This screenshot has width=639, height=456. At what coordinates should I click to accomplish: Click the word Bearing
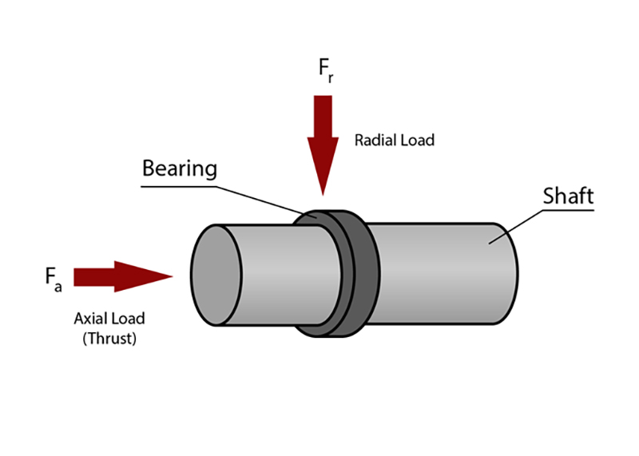point(180,169)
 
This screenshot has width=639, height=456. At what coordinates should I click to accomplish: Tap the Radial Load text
point(395,141)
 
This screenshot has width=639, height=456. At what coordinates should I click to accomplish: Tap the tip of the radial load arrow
point(323,192)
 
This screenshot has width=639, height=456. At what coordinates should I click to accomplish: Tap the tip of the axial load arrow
point(171,276)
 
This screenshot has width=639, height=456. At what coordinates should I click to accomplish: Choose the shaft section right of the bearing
point(439,272)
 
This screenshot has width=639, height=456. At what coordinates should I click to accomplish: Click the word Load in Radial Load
point(418,141)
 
